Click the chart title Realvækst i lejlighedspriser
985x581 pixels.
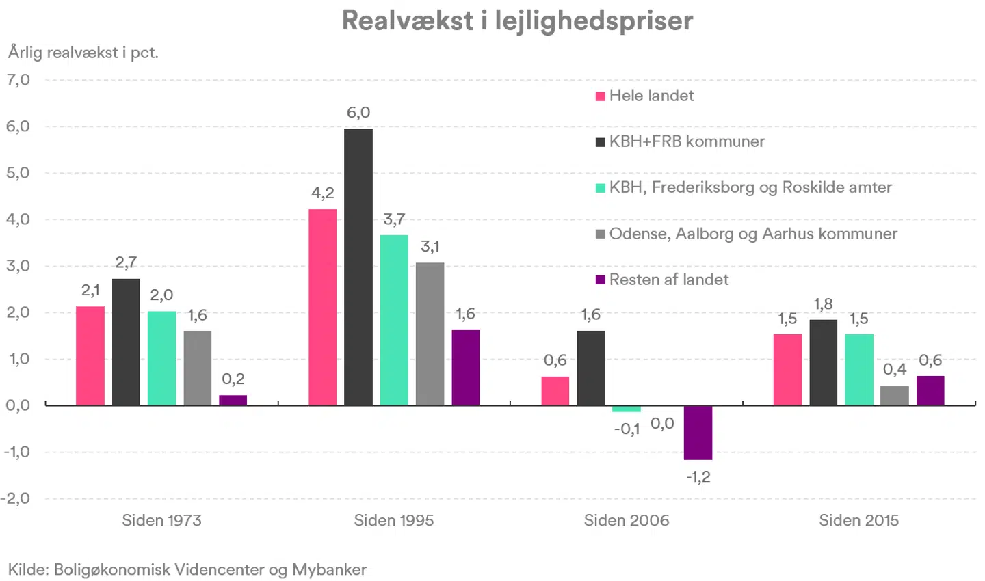pos(517,21)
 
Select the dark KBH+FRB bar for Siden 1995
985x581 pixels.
pos(358,267)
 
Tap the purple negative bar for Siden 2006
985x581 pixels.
pos(698,433)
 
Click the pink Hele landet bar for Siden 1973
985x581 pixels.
pos(90,355)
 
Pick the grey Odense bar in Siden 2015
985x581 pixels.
pos(895,395)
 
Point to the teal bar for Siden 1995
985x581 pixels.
pos(394,320)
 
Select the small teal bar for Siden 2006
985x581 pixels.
pos(626,409)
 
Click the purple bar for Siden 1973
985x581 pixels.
pos(233,400)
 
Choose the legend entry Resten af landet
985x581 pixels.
pos(662,280)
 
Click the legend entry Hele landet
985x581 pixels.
pos(644,96)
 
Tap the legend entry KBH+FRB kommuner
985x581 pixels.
pos(680,141)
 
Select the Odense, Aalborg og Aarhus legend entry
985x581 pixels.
pos(746,234)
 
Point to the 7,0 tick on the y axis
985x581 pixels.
pos(18,80)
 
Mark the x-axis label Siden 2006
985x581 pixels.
pos(626,520)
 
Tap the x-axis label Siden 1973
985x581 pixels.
pos(162,520)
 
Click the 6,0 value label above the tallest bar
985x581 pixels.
pos(358,113)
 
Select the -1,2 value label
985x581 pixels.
pos(698,477)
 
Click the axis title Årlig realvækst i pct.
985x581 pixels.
pos(83,53)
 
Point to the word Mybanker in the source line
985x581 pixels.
pos(330,569)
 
